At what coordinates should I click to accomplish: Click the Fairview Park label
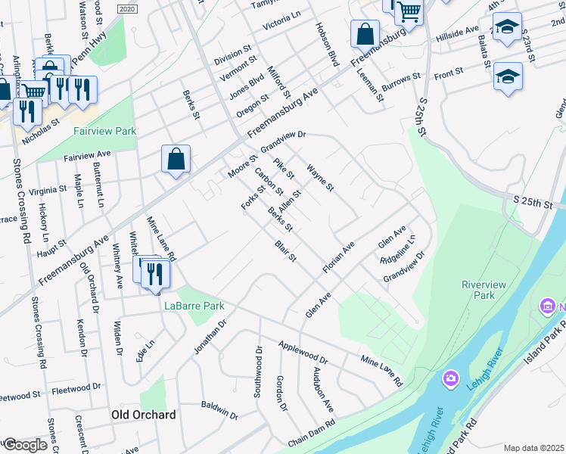pos(104,131)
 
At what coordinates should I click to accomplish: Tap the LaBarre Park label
pos(194,306)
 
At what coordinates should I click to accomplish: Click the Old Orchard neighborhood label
pos(144,415)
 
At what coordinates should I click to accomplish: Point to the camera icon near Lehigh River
pos(451,378)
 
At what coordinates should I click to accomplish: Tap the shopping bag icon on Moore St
pos(176,160)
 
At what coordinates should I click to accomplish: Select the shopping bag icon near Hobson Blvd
pos(365,35)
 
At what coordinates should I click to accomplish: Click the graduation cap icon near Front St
pos(508,76)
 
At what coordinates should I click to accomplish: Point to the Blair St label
pos(285,252)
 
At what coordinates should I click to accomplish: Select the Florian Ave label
pos(338,258)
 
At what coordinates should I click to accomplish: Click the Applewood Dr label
pos(303,352)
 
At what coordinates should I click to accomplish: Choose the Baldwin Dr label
pos(219,410)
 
